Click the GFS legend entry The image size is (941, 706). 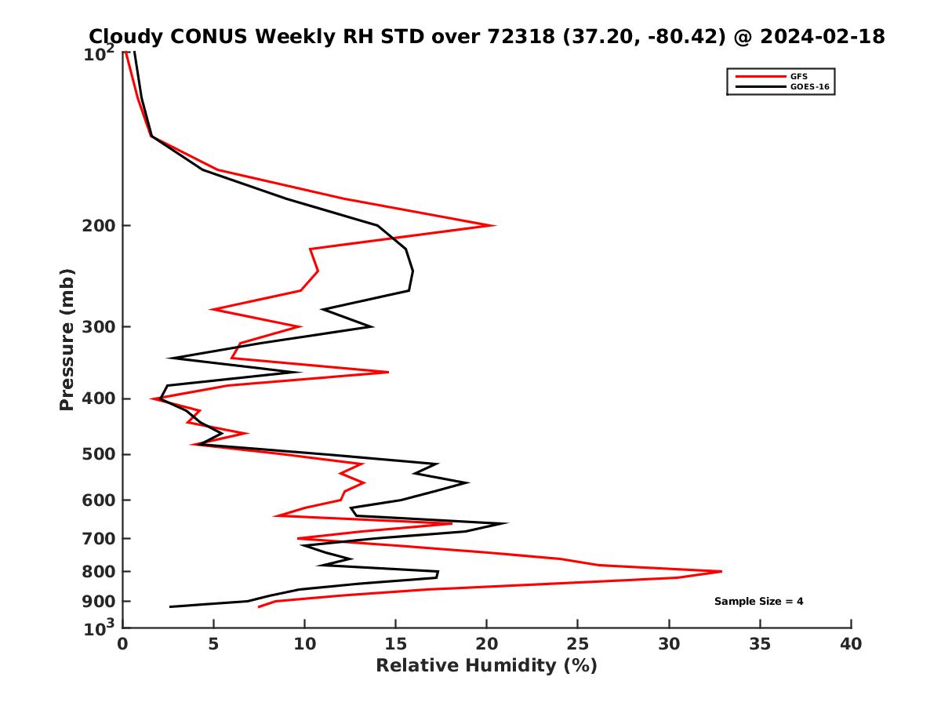(799, 76)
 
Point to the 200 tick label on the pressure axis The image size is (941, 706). (99, 226)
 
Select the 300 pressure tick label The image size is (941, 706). (99, 327)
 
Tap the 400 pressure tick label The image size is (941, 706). (99, 399)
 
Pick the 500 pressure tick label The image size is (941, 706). (99, 455)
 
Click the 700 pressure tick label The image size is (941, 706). (99, 539)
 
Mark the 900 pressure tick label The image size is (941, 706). (99, 602)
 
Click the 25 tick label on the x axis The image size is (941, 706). (578, 645)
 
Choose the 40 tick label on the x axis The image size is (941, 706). (851, 645)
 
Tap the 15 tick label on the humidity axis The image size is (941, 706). (395, 645)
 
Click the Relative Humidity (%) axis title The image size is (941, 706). (486, 666)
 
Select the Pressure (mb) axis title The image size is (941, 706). (67, 339)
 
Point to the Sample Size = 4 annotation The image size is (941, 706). (758, 602)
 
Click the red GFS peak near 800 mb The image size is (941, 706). (721, 571)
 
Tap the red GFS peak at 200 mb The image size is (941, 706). (494, 226)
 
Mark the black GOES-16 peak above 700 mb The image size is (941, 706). (507, 523)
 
